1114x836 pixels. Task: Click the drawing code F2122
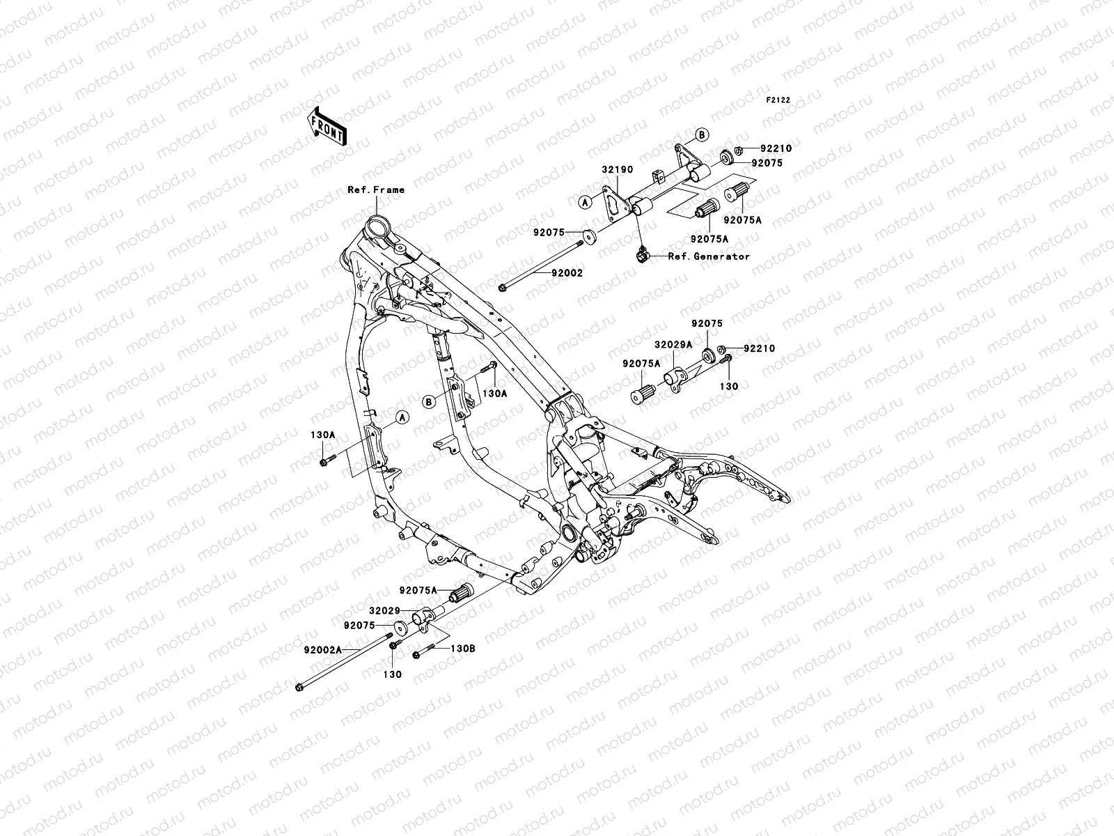tap(778, 100)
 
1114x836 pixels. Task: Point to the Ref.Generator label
tap(709, 256)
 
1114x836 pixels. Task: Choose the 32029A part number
tap(673, 343)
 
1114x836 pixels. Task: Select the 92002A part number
tap(322, 650)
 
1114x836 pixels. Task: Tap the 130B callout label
tap(462, 648)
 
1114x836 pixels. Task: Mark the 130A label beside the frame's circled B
tap(495, 393)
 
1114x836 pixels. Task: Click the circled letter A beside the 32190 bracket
tap(586, 202)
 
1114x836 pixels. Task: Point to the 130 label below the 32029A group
tap(728, 386)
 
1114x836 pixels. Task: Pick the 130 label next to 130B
tap(393, 674)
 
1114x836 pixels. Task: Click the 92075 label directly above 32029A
tap(707, 324)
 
